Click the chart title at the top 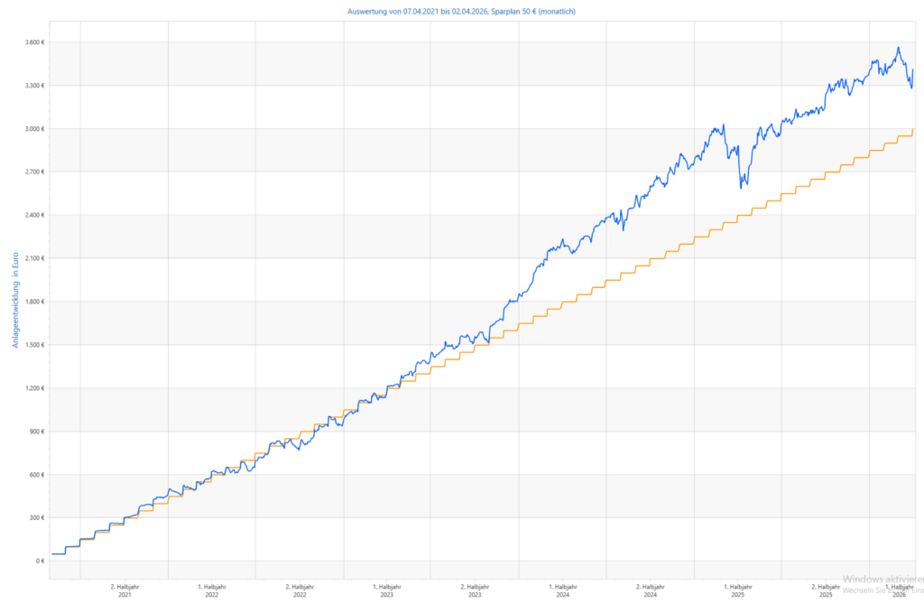(x=461, y=12)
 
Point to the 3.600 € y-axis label (x=32, y=42)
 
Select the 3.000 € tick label (x=32, y=129)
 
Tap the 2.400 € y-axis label (x=32, y=215)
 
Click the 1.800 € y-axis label (x=32, y=302)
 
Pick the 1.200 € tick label (x=32, y=388)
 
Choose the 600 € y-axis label (x=35, y=475)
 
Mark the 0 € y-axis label (x=39, y=562)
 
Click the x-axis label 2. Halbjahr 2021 (x=125, y=590)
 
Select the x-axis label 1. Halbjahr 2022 (x=212, y=590)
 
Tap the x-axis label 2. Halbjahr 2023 (x=475, y=590)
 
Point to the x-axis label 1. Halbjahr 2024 (x=562, y=590)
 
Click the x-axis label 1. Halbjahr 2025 (x=737, y=590)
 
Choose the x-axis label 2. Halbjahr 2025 (x=826, y=590)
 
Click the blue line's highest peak (x=898, y=48)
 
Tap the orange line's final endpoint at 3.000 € (x=912, y=129)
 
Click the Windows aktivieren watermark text (x=882, y=580)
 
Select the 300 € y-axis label (x=35, y=518)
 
